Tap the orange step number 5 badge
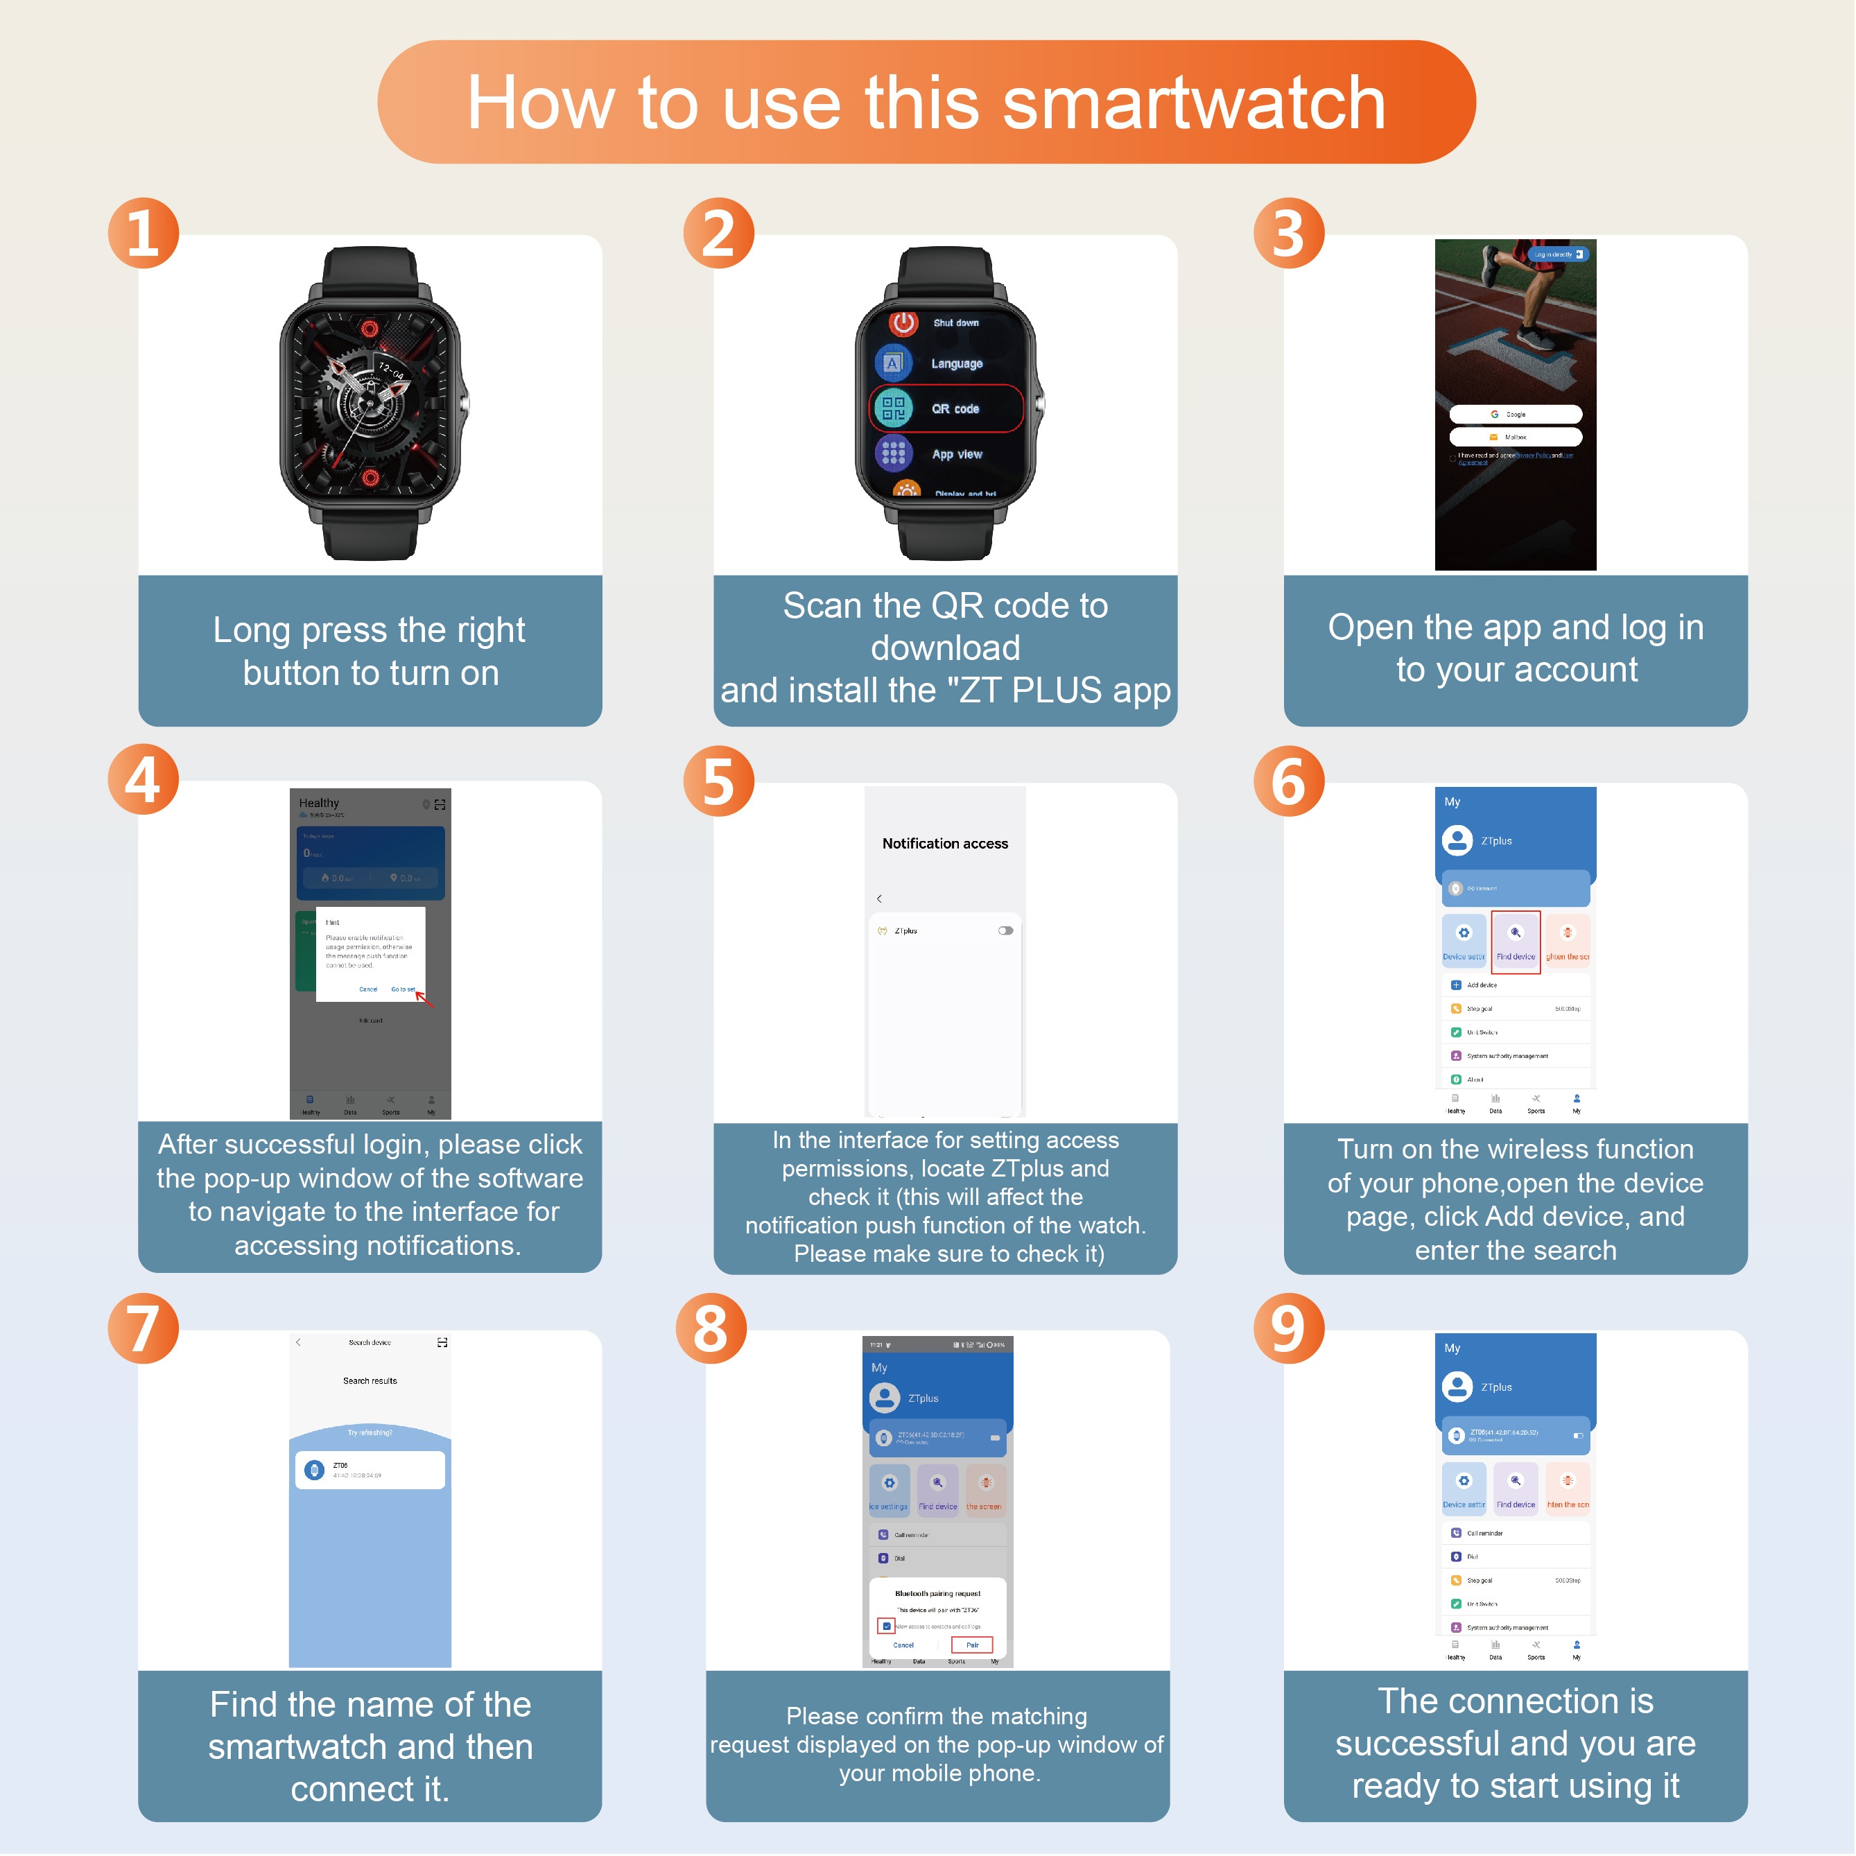point(718,781)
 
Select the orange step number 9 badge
point(1288,1328)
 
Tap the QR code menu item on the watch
point(946,409)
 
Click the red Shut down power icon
point(903,323)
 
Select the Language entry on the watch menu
point(956,364)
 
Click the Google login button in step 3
point(1515,414)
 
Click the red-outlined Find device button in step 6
point(1515,942)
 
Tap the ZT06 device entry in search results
point(370,1470)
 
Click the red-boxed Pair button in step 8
point(972,1645)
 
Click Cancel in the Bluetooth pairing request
point(903,1645)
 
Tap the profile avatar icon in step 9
point(1457,1386)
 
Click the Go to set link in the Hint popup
point(403,989)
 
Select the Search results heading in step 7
point(370,1380)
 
